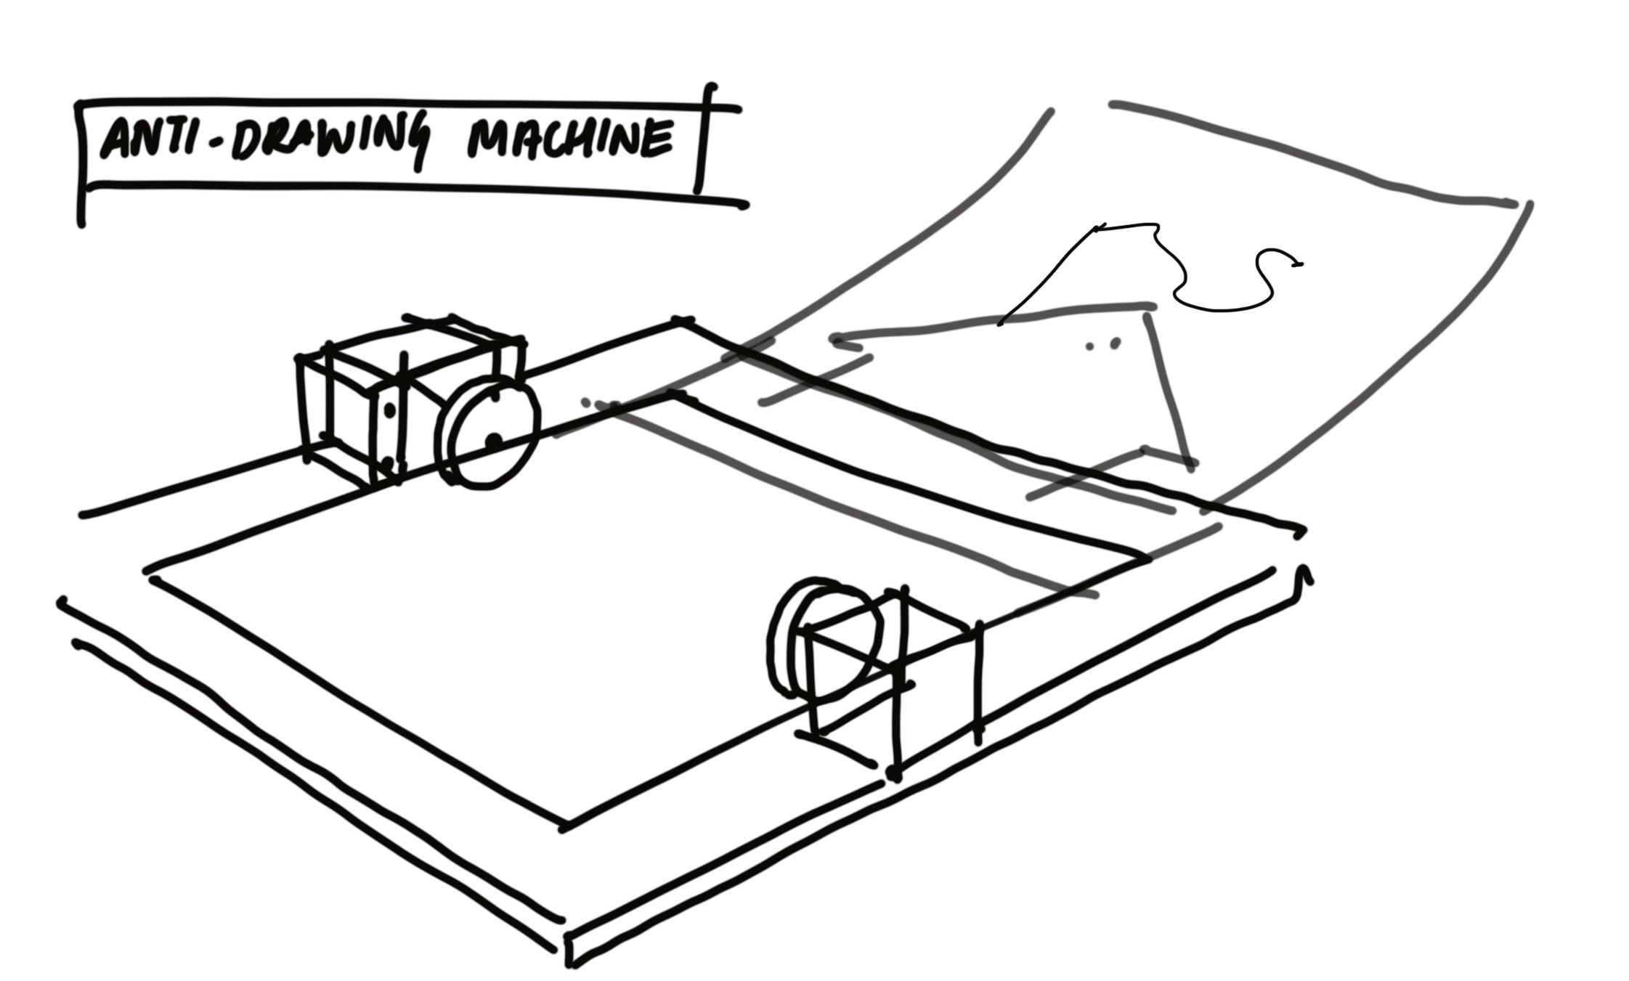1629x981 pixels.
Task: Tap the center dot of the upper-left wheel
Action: click(494, 439)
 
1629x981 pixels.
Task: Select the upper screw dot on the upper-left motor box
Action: click(389, 410)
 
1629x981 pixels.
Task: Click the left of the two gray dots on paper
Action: click(1089, 346)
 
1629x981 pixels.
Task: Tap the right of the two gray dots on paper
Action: click(1115, 343)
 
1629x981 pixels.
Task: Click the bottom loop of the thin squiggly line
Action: click(1220, 308)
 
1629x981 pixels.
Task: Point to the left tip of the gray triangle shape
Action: click(835, 338)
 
